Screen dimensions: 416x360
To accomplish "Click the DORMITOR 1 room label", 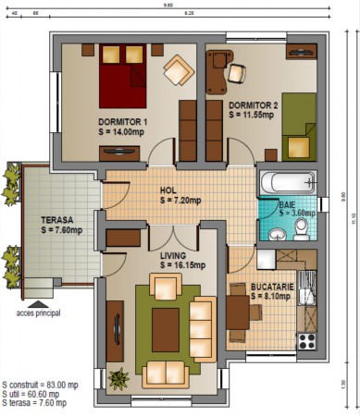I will point(123,121).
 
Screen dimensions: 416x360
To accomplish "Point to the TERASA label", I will point(57,221).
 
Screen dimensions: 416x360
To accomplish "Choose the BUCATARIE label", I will point(272,288).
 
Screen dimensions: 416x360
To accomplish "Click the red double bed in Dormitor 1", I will point(123,80).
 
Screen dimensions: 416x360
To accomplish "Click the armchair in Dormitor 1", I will point(178,68).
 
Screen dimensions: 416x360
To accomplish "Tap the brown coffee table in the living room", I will point(166,324).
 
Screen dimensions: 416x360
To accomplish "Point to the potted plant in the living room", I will point(118,378).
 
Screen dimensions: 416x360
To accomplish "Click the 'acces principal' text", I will point(38,313).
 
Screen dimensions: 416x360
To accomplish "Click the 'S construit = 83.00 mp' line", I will point(40,383).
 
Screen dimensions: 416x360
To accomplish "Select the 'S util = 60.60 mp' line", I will point(34,393).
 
